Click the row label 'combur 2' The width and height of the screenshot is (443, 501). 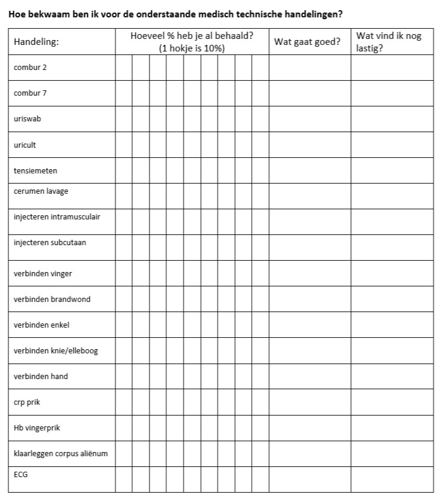click(x=30, y=68)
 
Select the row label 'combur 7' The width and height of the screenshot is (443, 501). click(x=30, y=93)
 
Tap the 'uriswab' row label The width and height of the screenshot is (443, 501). click(x=28, y=119)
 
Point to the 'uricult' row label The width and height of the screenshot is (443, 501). click(x=25, y=145)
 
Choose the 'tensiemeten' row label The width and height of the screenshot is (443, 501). click(x=35, y=170)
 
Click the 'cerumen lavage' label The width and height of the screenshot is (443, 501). click(x=41, y=191)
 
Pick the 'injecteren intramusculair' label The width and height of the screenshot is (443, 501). click(x=57, y=216)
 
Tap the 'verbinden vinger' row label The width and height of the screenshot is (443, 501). click(x=42, y=274)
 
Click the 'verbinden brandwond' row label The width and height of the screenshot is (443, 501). click(x=52, y=299)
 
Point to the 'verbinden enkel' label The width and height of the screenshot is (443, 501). click(x=41, y=325)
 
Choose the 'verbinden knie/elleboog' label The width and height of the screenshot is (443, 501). click(x=56, y=350)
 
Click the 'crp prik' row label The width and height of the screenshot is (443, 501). click(x=28, y=402)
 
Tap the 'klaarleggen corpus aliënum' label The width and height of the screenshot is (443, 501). click(x=60, y=453)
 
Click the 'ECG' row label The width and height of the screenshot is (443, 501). click(x=20, y=474)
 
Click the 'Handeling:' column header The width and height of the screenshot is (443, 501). click(x=36, y=42)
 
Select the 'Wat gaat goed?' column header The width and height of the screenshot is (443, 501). click(x=307, y=42)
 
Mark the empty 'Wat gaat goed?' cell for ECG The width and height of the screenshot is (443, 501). click(x=310, y=479)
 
